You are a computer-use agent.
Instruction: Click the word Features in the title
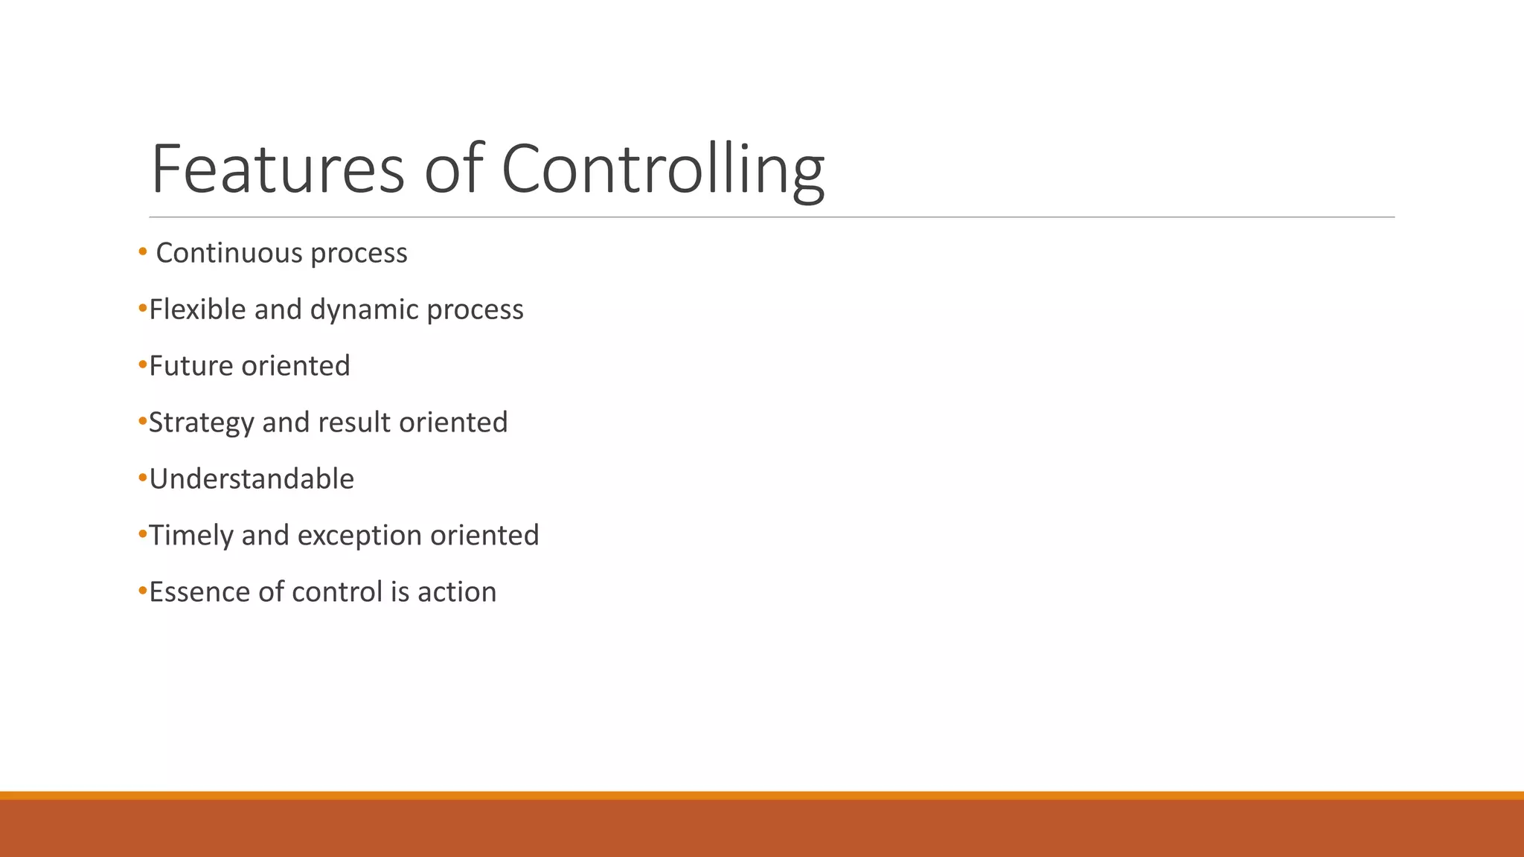coord(278,169)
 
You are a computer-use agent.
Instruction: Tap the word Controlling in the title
coord(663,169)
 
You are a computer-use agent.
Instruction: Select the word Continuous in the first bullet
coord(229,253)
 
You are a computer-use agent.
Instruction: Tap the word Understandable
coord(252,479)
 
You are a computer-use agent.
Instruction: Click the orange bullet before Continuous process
coord(143,252)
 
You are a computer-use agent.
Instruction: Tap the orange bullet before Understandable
coord(143,478)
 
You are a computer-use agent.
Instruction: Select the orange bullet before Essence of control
coord(143,591)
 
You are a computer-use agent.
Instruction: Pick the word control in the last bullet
coord(336,592)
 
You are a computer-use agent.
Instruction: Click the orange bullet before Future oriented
coord(143,365)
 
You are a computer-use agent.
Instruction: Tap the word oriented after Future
coord(295,366)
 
